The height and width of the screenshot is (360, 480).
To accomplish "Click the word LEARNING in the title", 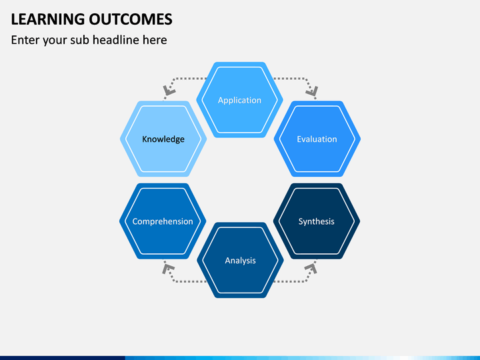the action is coord(48,19).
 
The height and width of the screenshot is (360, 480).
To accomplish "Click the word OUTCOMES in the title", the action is coord(131,19).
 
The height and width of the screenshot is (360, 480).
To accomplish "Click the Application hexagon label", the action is coord(240,101).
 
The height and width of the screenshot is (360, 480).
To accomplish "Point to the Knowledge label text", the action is coord(163,139).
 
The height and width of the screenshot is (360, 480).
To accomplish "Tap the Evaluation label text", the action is coord(317,139).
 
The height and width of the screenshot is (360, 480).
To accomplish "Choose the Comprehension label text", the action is coord(163,221).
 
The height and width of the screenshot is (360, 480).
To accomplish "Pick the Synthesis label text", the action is coord(316,221).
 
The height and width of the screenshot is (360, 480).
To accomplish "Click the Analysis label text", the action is coord(240,261).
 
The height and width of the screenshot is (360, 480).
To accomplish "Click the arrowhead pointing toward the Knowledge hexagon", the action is coord(169,91).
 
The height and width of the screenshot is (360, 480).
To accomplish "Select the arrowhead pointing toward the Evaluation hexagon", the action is coord(312,91).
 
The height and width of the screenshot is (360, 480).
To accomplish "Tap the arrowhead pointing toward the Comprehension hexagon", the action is coord(168,269).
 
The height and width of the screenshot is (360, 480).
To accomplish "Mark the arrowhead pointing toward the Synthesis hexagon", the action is coord(311,268).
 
